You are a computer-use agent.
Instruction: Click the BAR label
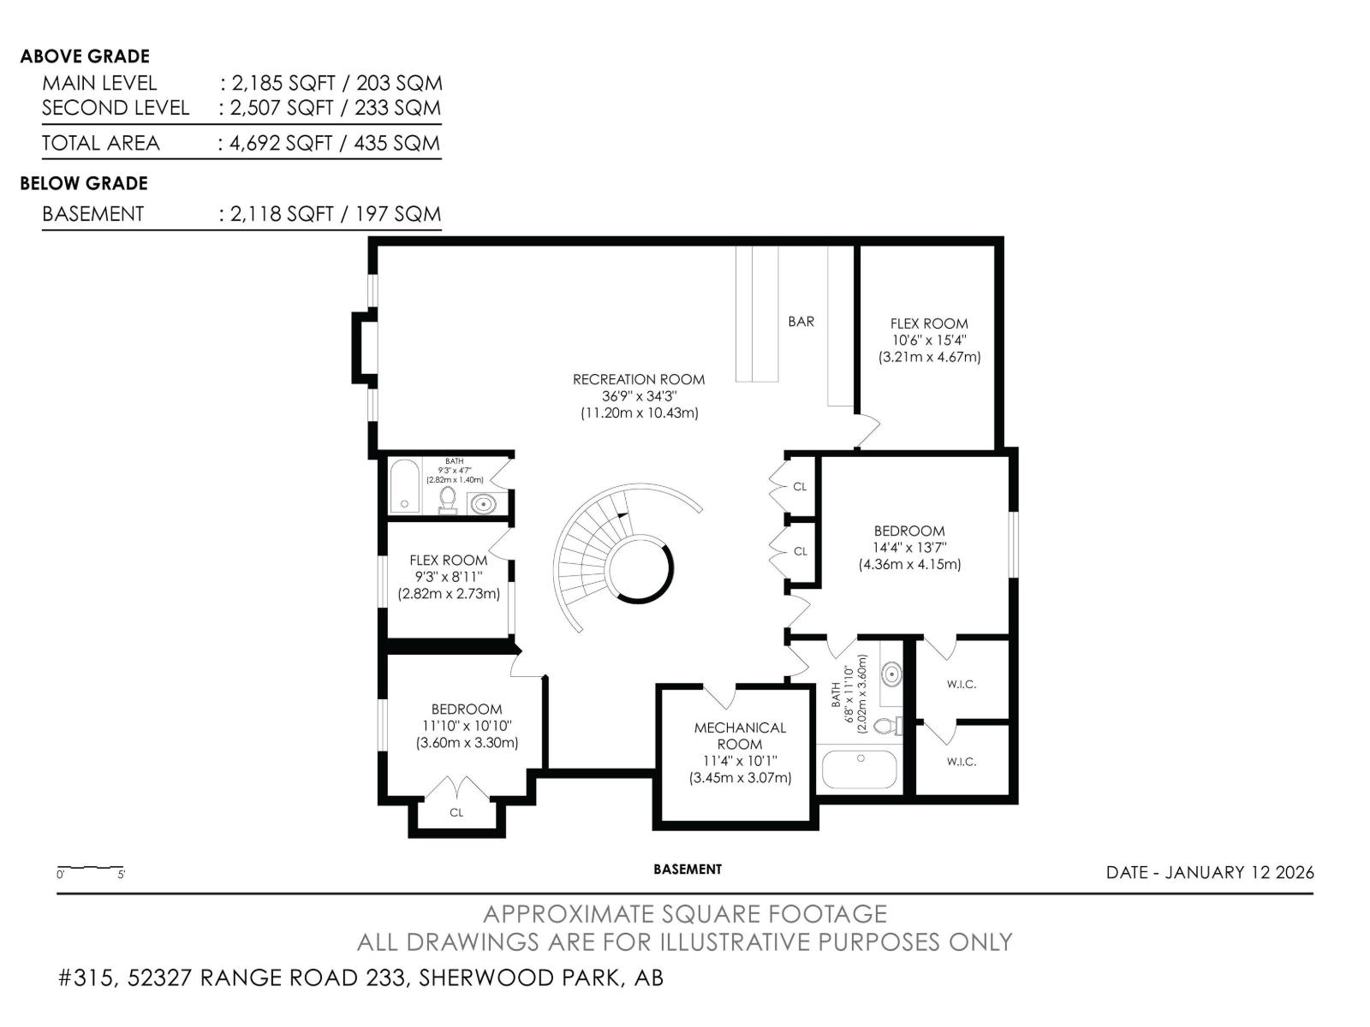coord(801,322)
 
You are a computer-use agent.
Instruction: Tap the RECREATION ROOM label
coord(639,379)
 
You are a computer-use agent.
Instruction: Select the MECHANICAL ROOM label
coord(740,736)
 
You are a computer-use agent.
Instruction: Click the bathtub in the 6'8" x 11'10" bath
coord(859,769)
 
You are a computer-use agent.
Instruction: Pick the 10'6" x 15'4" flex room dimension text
coord(929,341)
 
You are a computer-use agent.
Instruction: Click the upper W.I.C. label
coord(961,685)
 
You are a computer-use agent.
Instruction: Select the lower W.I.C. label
coord(961,762)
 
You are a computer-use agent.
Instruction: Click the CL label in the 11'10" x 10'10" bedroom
coord(456,812)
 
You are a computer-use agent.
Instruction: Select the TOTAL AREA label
coord(101,143)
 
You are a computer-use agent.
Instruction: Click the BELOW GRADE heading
coord(84,183)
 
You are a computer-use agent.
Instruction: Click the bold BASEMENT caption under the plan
coord(688,870)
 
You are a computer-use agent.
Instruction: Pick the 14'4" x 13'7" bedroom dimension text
coord(909,548)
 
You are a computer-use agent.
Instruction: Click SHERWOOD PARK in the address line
coord(518,977)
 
